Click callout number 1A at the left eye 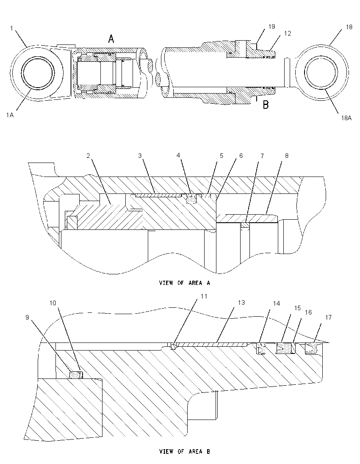pyautogui.click(x=10, y=115)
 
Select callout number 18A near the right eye pyautogui.click(x=346, y=118)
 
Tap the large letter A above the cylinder pyautogui.click(x=111, y=39)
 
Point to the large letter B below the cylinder pyautogui.click(x=266, y=105)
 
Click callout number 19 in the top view pyautogui.click(x=271, y=27)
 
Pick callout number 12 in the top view pyautogui.click(x=288, y=33)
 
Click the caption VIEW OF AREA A pyautogui.click(x=184, y=283)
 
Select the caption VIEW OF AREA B pyautogui.click(x=184, y=452)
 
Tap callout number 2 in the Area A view pyautogui.click(x=88, y=156)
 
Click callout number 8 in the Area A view pyautogui.click(x=287, y=156)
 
